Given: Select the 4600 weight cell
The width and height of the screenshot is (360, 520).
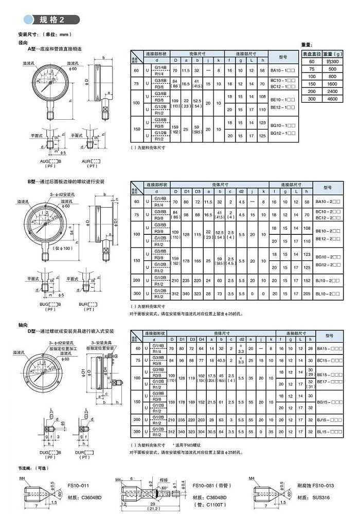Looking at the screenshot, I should point(332,98).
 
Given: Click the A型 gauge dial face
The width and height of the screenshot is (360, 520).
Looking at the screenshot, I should point(50,82).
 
